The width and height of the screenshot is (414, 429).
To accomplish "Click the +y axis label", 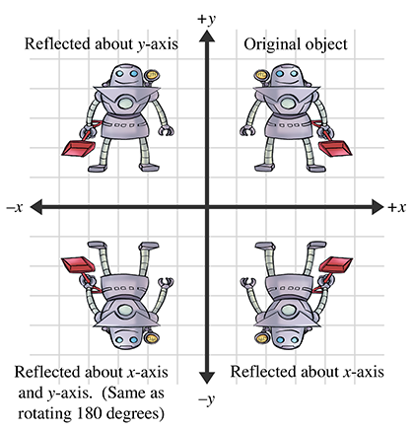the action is (206, 20).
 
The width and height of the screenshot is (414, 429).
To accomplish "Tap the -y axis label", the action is (207, 399).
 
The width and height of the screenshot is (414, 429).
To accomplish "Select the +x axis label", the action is (396, 207).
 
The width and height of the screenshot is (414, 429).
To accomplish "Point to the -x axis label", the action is (15, 207).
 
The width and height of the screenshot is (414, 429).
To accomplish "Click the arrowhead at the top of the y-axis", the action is (207, 36).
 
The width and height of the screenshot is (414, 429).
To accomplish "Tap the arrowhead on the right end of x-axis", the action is (378, 207).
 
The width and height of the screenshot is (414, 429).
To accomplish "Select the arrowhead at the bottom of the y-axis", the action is (207, 378).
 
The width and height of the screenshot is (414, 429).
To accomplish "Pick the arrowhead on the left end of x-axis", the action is (36, 207).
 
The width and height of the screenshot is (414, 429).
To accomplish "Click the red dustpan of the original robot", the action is (335, 148).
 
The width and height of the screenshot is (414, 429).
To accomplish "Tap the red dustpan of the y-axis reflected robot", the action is (78, 148).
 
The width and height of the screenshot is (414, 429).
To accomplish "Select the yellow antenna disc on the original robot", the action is (262, 75).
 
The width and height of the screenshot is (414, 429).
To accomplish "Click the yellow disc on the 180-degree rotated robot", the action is (152, 338).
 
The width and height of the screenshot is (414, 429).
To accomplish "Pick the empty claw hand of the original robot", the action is (246, 131).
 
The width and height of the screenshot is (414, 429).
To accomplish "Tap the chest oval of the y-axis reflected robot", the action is (125, 104).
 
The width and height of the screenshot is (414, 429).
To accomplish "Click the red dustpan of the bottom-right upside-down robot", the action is (335, 264).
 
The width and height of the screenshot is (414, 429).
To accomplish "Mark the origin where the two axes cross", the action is (207, 207).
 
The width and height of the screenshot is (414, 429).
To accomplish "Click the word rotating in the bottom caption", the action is (45, 413).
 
